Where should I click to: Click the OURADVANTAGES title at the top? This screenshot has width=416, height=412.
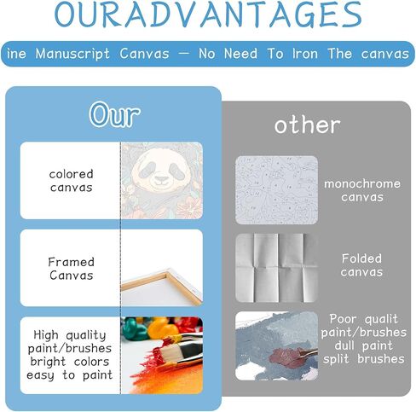[208, 15]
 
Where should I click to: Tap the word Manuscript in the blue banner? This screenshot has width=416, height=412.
[72, 54]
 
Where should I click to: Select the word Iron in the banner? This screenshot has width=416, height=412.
[305, 54]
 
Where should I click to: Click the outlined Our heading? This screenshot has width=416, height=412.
[114, 114]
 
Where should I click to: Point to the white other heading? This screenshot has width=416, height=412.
[307, 125]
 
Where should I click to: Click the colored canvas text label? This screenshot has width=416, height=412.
[71, 181]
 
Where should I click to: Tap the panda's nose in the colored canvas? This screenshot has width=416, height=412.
[162, 179]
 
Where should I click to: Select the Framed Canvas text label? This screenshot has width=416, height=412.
[71, 269]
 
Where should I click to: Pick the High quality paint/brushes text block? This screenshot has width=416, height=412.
[70, 355]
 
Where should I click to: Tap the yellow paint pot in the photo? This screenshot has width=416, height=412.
[161, 328]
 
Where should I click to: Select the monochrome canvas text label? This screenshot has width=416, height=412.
[362, 190]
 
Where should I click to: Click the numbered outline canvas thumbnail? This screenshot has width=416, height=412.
[276, 190]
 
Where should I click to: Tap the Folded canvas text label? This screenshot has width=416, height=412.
[361, 265]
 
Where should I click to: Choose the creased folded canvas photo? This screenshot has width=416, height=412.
[276, 268]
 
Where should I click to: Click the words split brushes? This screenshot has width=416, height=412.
[364, 359]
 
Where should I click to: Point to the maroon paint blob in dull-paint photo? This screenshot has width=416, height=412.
[287, 357]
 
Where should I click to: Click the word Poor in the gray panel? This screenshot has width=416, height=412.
[343, 319]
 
